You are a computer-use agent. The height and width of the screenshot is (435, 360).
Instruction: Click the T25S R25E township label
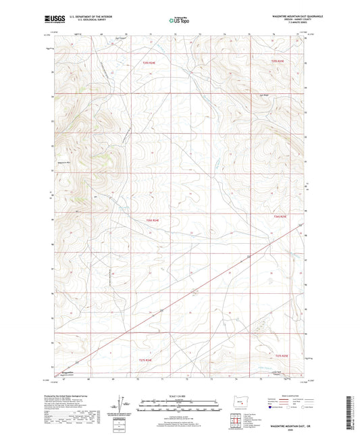pos(279,62)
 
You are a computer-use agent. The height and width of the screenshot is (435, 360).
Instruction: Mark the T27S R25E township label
pos(282,355)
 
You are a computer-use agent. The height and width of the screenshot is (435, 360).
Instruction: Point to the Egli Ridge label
pos(265,95)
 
